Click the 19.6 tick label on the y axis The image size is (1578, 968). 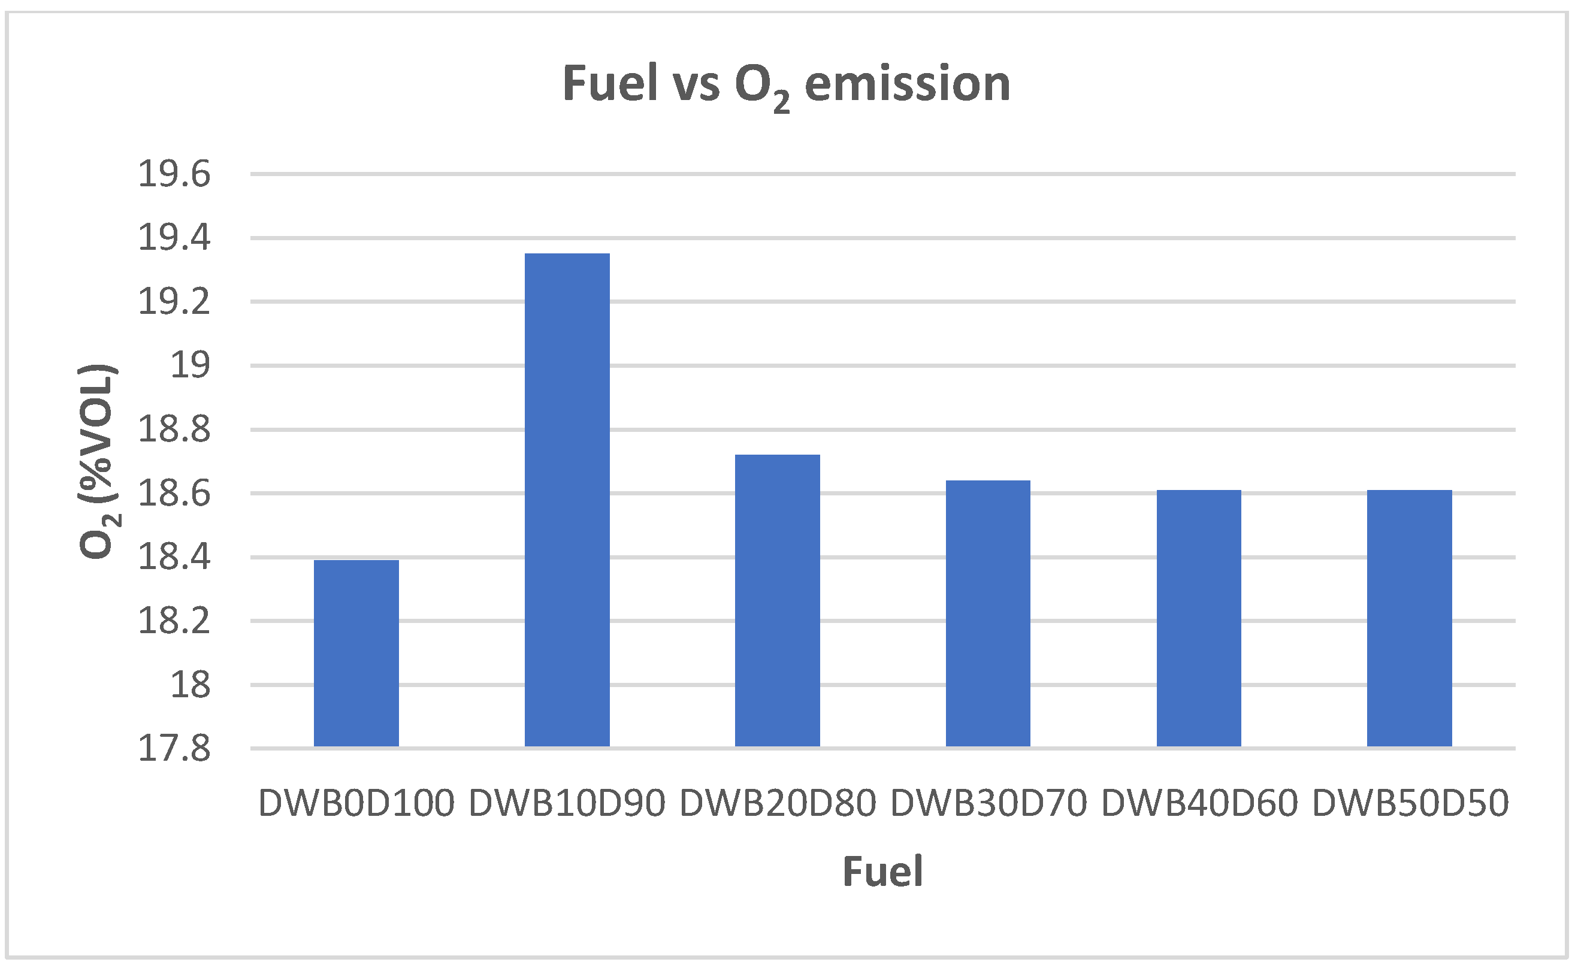coord(174,174)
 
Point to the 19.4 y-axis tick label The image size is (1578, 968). coord(174,238)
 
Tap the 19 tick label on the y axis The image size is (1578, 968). coord(189,365)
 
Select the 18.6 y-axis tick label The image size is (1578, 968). coord(174,494)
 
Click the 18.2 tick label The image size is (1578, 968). coord(174,621)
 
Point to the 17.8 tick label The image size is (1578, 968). coord(174,748)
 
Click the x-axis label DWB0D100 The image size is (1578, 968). coord(356,803)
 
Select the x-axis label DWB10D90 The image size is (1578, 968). coord(567,803)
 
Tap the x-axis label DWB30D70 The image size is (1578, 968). coord(988,803)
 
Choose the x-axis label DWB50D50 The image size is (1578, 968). coord(1410,803)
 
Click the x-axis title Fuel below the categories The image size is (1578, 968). coord(882,872)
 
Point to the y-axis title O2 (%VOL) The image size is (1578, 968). coord(97,461)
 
